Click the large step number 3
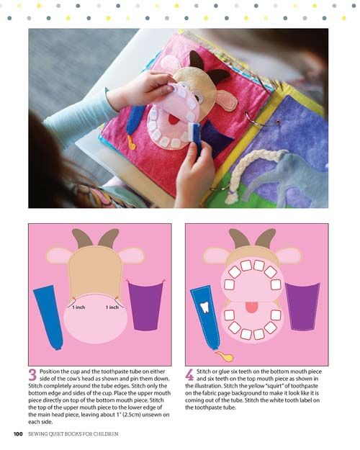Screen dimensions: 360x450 32,375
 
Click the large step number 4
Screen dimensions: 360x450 189,375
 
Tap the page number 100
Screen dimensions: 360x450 18,433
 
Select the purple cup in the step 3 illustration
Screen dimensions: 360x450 145,306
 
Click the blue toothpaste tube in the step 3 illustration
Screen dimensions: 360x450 48,318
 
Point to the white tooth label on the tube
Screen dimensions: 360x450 204,307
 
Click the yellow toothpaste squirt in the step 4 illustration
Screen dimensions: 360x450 225,356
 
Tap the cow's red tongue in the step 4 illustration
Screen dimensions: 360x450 251,307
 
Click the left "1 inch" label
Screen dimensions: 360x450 78,307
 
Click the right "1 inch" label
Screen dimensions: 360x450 112,307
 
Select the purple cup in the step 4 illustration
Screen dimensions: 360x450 302,307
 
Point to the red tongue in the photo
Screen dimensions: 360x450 173,119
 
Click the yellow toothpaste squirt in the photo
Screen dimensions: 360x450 132,143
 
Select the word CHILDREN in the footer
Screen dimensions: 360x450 105,434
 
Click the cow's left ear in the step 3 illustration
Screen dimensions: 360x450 59,256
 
